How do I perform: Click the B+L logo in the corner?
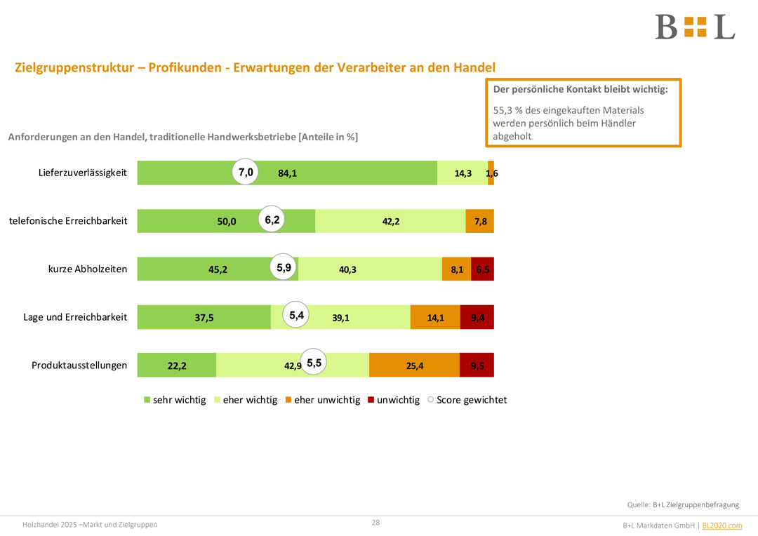[x=694, y=27]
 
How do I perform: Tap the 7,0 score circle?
[x=246, y=172]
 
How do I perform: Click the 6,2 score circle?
[x=272, y=220]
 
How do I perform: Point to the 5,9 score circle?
[x=284, y=267]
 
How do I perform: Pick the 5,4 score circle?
[x=296, y=316]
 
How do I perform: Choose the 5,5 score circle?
[x=314, y=363]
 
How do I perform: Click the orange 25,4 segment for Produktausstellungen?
[x=414, y=365]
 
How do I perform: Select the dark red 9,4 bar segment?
[x=477, y=317]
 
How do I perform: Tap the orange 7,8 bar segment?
[x=480, y=221]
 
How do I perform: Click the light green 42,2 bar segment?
[x=390, y=221]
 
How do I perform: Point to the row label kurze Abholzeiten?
[x=88, y=269]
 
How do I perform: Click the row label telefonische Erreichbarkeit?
[x=68, y=221]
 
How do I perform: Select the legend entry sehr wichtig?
[x=175, y=400]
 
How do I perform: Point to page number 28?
[x=375, y=523]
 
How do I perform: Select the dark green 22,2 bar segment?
[x=177, y=365]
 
